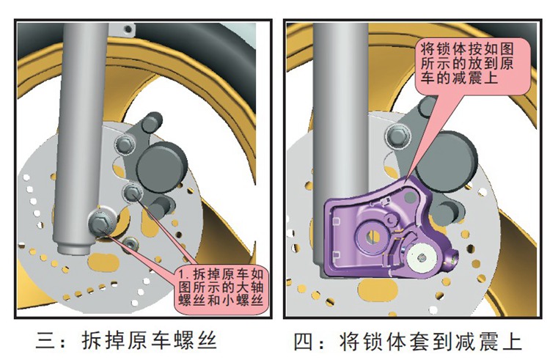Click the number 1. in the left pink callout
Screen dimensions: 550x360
pos(184,275)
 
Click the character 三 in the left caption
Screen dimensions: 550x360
pos(45,341)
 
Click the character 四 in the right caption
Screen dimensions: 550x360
pos(301,341)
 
